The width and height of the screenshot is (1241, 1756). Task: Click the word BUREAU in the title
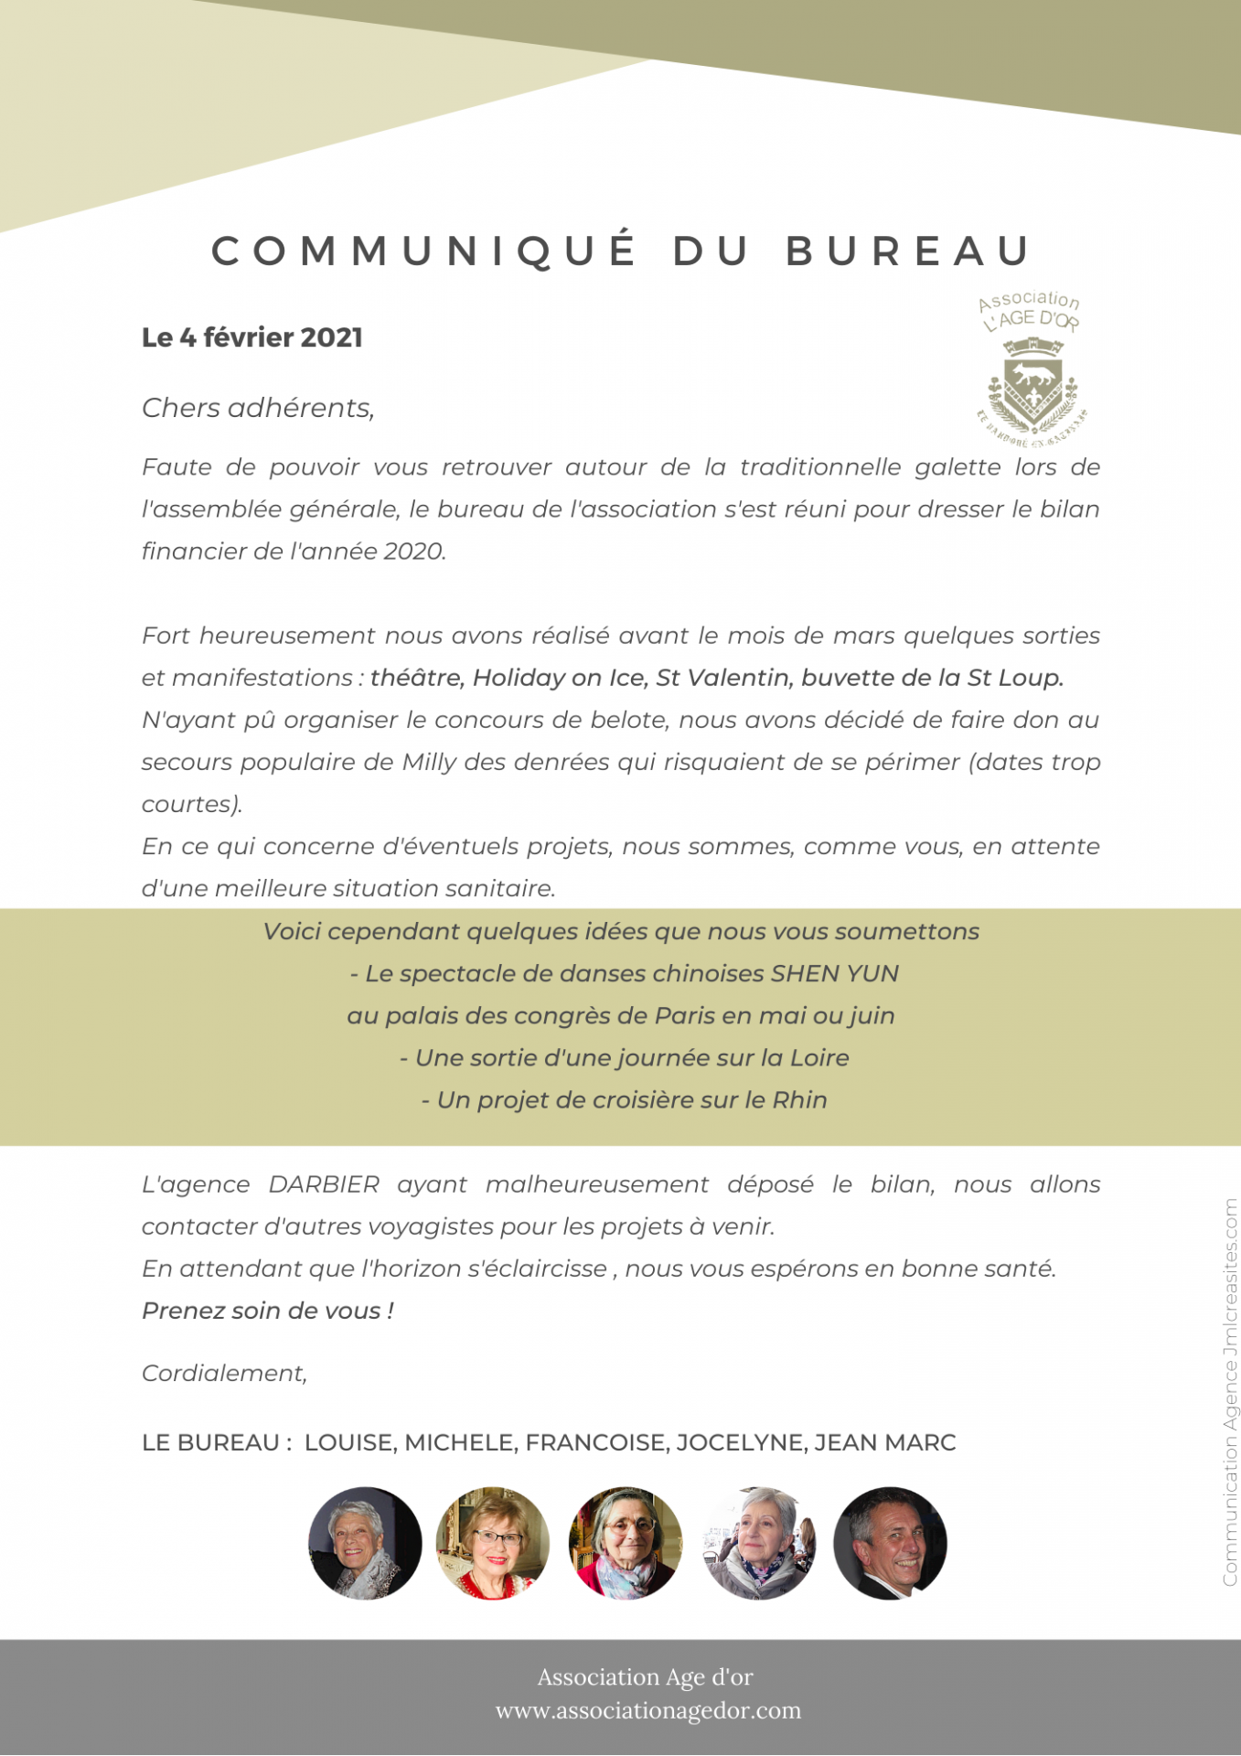tap(908, 252)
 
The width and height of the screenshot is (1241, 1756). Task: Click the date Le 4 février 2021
tap(252, 337)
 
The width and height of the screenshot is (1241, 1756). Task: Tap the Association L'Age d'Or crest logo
tap(1031, 370)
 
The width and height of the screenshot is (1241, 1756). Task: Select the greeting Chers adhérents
tap(258, 408)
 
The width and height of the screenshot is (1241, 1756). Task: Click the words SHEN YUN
tap(834, 973)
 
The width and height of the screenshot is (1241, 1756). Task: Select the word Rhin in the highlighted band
tap(799, 1099)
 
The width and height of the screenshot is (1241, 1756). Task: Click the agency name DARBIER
tap(324, 1184)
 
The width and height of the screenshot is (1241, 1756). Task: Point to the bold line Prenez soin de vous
tap(268, 1311)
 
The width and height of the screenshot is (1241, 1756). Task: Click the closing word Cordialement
tap(224, 1373)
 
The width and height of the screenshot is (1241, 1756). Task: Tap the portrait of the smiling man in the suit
tap(890, 1543)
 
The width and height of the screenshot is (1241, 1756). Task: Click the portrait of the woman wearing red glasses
tap(493, 1543)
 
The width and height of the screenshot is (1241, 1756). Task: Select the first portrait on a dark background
tap(365, 1543)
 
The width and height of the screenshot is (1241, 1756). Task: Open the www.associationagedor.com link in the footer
tap(647, 1710)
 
